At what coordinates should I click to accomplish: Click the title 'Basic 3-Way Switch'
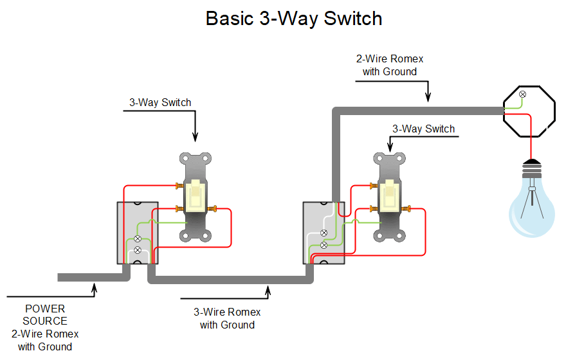click(294, 18)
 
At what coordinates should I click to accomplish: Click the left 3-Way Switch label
click(160, 102)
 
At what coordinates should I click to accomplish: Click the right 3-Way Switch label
click(423, 129)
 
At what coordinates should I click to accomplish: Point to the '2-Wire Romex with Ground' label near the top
click(389, 65)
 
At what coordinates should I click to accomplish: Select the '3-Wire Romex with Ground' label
click(227, 318)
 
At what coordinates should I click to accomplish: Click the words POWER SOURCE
click(45, 314)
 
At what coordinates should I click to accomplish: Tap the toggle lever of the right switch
click(388, 195)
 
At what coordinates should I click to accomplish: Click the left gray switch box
click(136, 233)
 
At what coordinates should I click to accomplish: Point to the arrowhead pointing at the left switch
click(195, 136)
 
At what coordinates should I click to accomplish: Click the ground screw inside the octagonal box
click(522, 95)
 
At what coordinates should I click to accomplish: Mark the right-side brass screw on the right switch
click(408, 208)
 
